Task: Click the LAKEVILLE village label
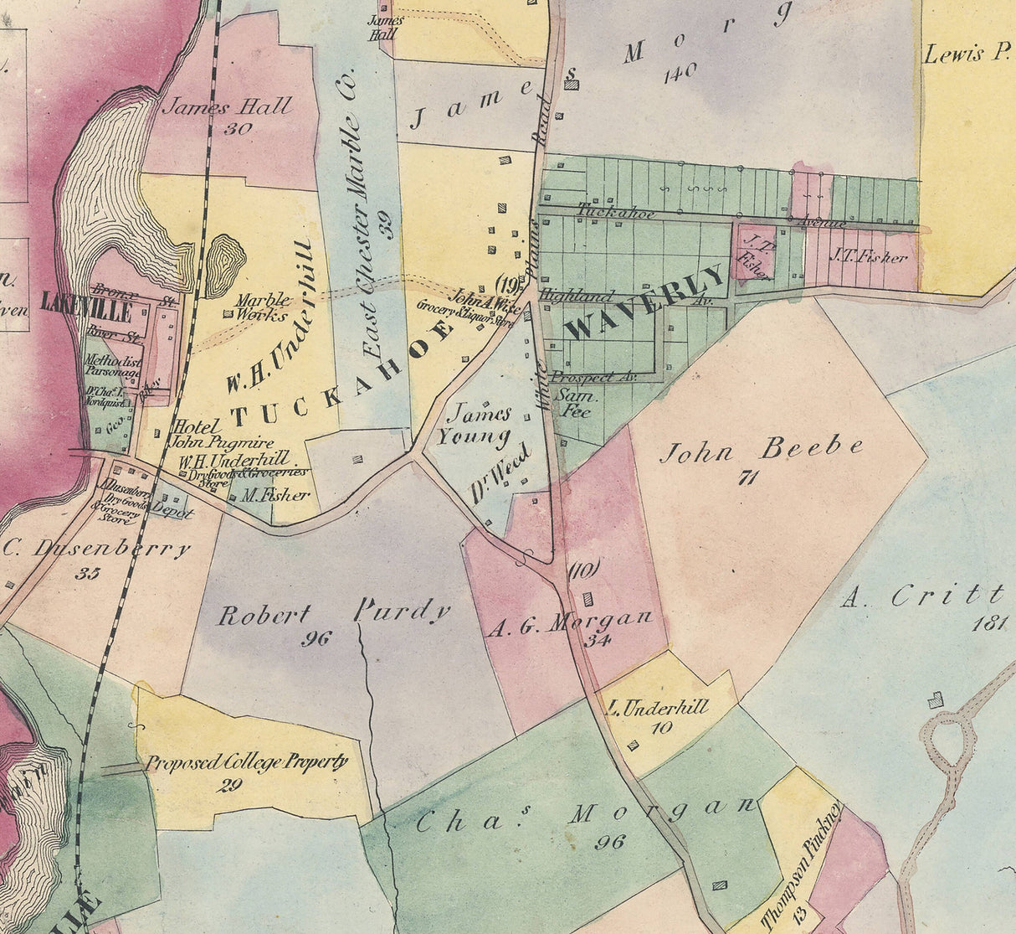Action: tap(86, 307)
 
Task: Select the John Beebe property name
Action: tap(761, 450)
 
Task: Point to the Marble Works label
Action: tap(262, 307)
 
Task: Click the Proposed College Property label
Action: tap(246, 762)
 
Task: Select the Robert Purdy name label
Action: tap(334, 613)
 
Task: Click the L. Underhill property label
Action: tap(658, 707)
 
